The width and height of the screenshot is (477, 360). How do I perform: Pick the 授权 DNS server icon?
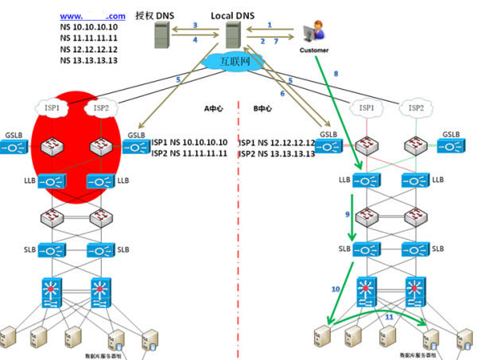coord(161,35)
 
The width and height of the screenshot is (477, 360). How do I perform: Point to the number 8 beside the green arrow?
coord(335,73)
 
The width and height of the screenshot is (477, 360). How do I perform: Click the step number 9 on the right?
coord(347,215)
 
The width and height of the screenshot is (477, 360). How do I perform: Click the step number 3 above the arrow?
coord(196,25)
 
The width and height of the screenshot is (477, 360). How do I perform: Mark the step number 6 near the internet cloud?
coord(281,94)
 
